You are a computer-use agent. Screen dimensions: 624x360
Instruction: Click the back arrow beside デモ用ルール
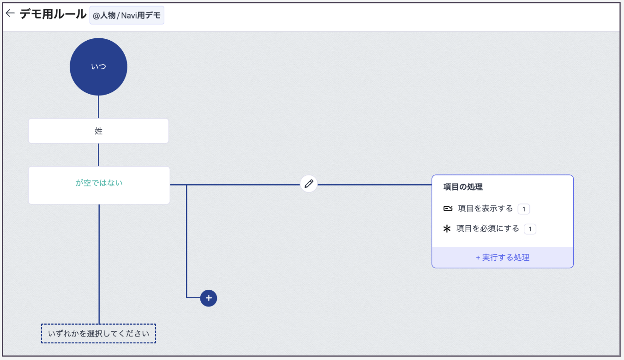point(10,13)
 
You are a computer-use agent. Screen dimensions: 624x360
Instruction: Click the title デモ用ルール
point(53,14)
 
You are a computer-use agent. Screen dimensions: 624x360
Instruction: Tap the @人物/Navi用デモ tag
point(127,15)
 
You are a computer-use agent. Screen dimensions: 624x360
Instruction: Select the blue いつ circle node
point(99,67)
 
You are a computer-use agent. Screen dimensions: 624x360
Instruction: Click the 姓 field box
point(99,131)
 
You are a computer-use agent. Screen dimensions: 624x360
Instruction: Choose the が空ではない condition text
point(99,183)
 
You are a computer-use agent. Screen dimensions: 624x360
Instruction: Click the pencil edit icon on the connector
point(309,184)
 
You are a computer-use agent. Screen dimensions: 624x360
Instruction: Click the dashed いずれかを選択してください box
point(99,334)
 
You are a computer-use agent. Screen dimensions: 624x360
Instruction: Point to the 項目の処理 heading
point(463,187)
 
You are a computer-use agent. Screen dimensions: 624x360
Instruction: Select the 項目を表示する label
point(485,209)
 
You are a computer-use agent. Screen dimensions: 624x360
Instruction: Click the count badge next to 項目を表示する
point(524,209)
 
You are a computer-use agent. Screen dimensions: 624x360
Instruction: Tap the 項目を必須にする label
point(488,228)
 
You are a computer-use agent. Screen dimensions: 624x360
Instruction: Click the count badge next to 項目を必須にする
point(530,229)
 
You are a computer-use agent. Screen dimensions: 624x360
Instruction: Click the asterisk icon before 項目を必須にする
point(447,229)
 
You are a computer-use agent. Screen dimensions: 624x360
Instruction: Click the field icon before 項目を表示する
point(448,209)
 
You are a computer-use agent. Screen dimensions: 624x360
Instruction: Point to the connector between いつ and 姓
point(99,107)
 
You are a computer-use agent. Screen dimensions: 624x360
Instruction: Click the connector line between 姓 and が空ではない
point(99,155)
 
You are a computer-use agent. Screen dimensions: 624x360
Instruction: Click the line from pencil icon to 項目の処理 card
point(375,185)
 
